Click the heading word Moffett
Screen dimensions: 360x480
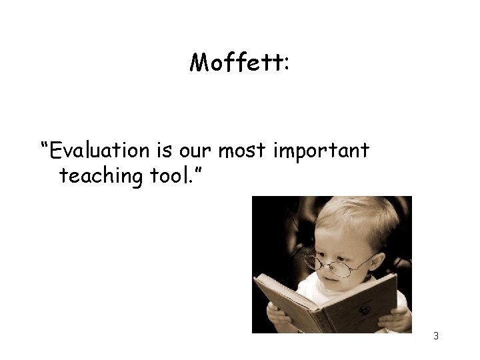point(235,63)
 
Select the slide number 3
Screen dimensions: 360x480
point(436,336)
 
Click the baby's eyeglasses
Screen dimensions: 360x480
point(333,263)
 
